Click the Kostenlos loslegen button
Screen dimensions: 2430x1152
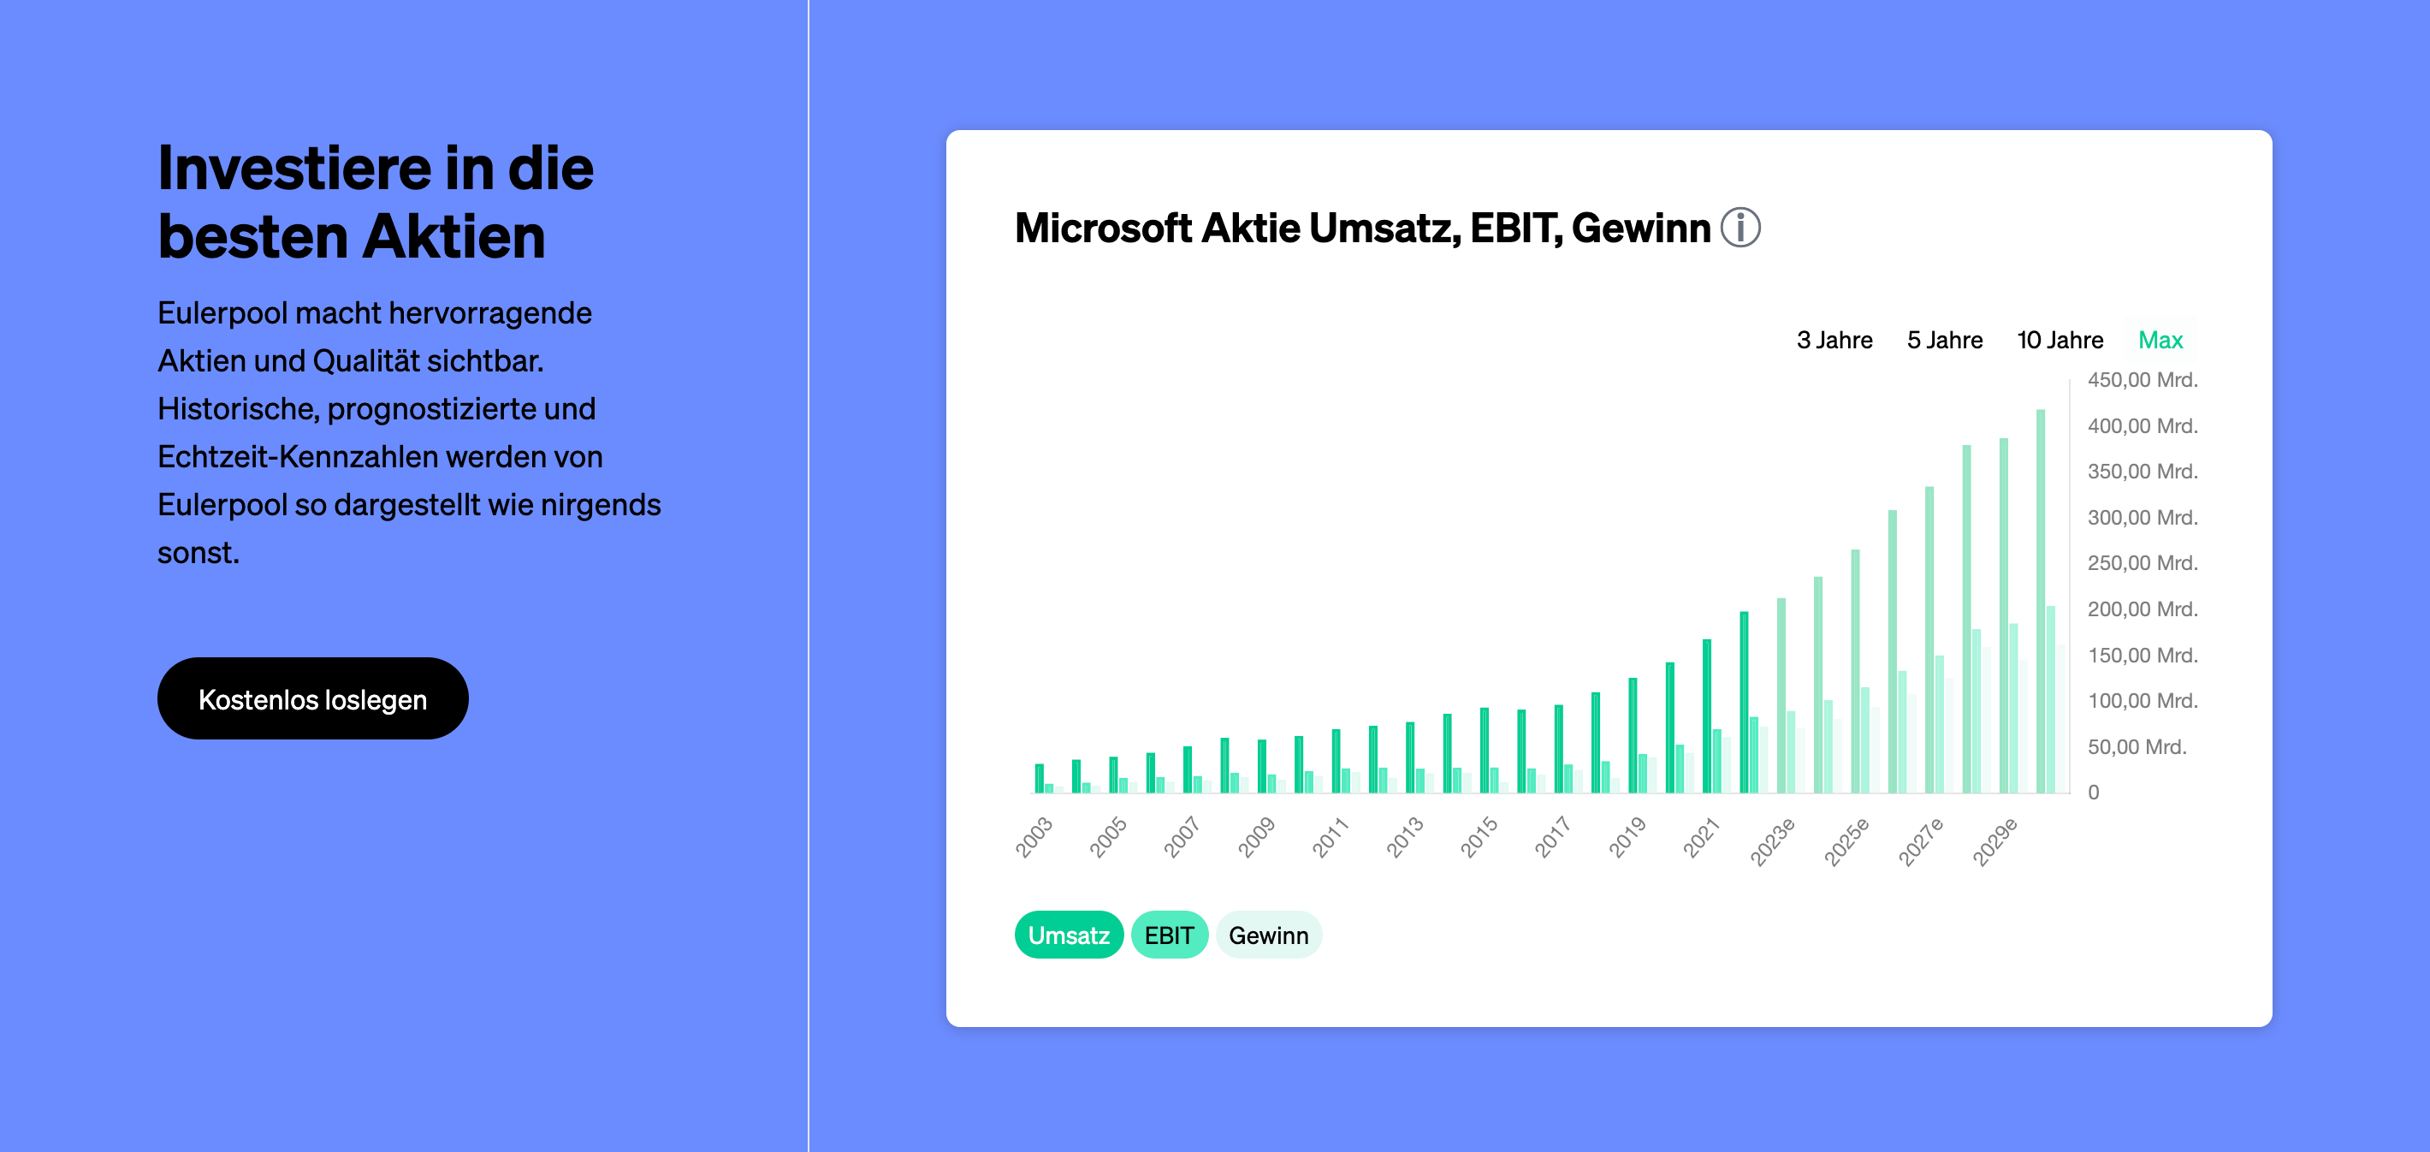click(x=312, y=698)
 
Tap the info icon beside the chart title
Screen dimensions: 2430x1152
click(x=1740, y=228)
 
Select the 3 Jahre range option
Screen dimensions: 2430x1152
click(x=1834, y=340)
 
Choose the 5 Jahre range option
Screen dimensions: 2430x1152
click(x=1944, y=340)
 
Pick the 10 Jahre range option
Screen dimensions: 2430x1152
click(x=2060, y=340)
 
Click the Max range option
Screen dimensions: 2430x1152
click(x=2160, y=340)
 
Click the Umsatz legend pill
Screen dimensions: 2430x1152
click(x=1069, y=935)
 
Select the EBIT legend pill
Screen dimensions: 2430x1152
click(x=1170, y=935)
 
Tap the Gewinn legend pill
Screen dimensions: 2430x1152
click(x=1269, y=935)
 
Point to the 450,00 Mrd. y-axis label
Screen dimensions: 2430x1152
click(x=2143, y=380)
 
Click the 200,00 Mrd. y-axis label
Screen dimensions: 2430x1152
click(x=2143, y=609)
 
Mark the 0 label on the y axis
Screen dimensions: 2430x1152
click(x=2093, y=793)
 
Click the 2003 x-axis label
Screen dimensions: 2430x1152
click(x=1034, y=837)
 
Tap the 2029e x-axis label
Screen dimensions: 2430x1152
click(x=1995, y=841)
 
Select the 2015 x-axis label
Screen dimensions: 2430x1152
click(x=1479, y=837)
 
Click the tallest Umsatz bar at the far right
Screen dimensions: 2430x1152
click(x=2041, y=601)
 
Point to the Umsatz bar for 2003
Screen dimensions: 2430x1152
click(x=1040, y=778)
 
